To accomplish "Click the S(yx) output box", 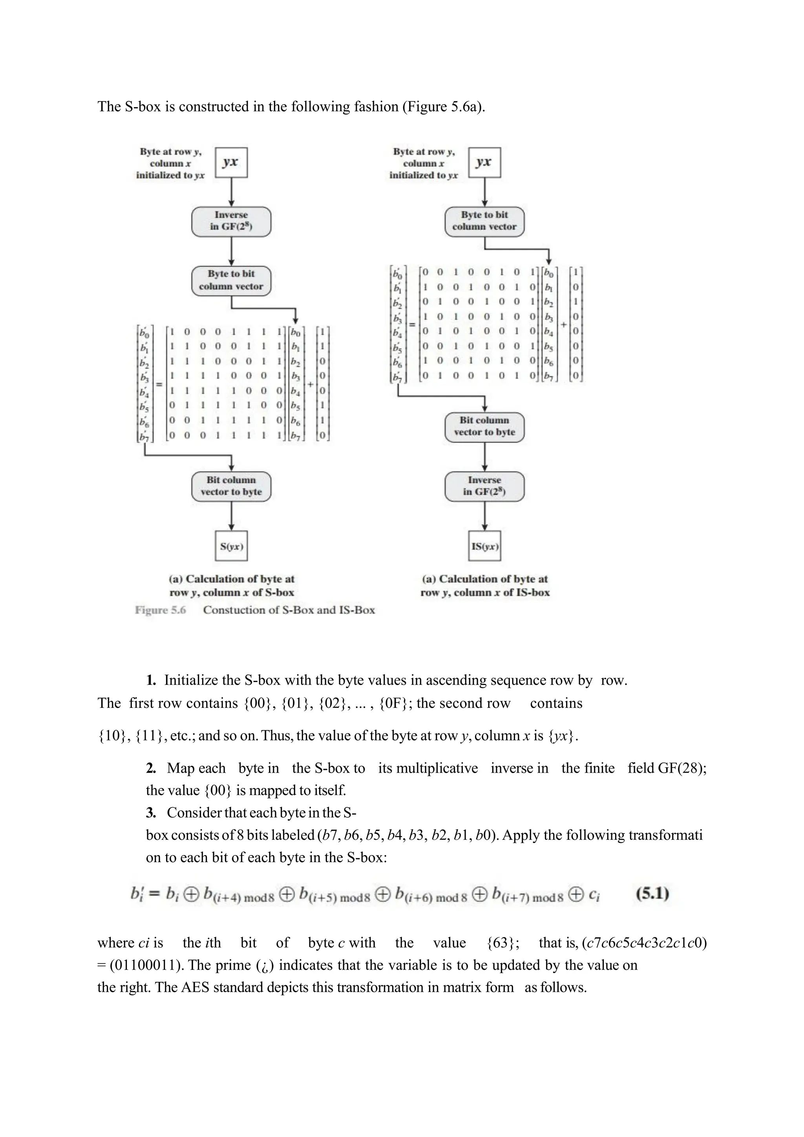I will click(x=231, y=546).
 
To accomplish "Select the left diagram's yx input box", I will click(x=231, y=163).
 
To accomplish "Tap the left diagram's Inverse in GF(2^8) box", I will click(x=231, y=221).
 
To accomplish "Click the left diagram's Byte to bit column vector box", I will click(x=231, y=280).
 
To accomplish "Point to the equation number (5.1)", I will click(x=652, y=894).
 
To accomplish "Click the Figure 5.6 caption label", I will click(x=161, y=610).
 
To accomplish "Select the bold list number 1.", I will click(x=151, y=680).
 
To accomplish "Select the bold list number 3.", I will click(x=151, y=813).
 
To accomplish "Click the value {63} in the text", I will click(x=503, y=943).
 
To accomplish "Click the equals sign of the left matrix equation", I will click(x=159, y=384).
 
